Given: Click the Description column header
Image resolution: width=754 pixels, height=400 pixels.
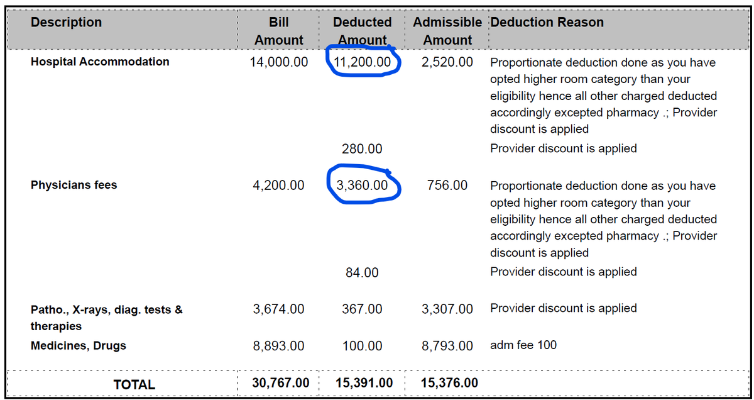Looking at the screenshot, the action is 66,22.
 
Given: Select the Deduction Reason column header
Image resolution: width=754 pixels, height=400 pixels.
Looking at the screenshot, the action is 547,22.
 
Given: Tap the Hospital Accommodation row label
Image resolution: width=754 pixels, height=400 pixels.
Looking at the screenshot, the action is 100,62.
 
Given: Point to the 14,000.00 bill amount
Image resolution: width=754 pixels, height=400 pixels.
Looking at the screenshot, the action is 279,62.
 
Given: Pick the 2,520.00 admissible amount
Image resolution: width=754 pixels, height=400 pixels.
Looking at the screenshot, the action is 447,62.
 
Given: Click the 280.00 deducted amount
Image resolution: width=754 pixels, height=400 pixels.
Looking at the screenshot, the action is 362,148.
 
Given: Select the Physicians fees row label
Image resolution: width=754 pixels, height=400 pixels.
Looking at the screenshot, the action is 74,185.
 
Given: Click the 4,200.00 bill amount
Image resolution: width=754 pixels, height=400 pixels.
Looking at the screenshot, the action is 279,186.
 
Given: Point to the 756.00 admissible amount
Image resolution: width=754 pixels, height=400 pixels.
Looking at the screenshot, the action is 447,186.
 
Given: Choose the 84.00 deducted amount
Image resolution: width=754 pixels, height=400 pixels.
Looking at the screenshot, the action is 362,272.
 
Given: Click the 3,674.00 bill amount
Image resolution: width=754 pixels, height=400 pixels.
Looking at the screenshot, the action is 279,309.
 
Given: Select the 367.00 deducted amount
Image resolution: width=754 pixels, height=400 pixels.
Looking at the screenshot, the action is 362,309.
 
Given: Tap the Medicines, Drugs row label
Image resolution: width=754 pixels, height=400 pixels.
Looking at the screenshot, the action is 79,346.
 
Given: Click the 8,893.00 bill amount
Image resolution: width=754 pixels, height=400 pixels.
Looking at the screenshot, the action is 279,346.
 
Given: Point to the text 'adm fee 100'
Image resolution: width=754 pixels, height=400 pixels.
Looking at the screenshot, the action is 523,345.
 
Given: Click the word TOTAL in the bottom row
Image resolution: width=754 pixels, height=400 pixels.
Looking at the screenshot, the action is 134,384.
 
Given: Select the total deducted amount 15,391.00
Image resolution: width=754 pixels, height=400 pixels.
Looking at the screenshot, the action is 364,383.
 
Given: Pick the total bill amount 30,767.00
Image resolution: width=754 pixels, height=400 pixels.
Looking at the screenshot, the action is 281,383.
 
